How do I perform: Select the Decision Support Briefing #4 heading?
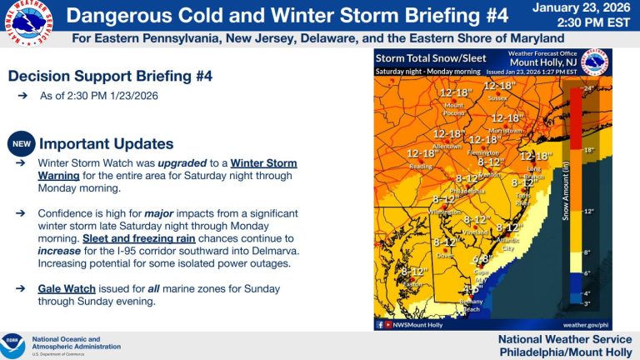point(110,76)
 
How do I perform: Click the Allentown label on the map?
point(447,146)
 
